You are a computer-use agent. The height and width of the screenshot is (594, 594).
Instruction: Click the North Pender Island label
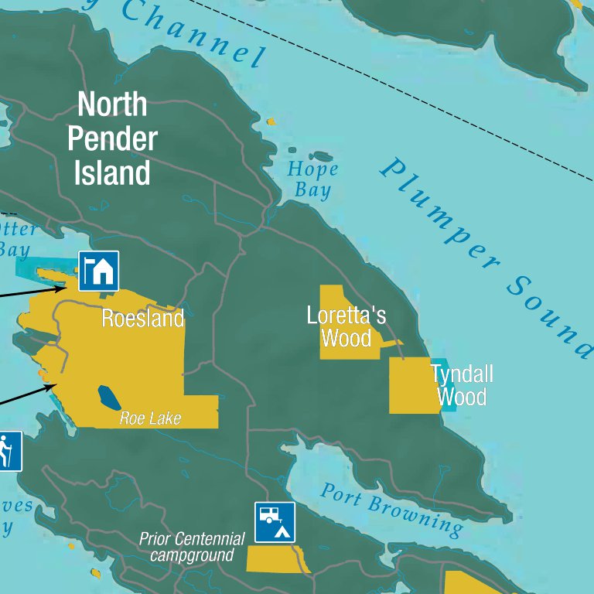[112, 139]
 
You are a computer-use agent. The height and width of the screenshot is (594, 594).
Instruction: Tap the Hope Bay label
[312, 179]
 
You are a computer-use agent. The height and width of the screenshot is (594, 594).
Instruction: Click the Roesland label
[143, 319]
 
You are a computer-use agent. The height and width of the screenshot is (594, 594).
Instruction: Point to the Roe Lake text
[150, 418]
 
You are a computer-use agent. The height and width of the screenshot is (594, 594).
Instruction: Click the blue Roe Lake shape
[109, 398]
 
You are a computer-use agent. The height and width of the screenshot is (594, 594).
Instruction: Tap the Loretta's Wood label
[346, 326]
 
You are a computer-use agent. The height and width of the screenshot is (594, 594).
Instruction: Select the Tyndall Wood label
[462, 385]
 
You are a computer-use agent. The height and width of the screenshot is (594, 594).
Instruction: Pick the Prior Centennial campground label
[192, 547]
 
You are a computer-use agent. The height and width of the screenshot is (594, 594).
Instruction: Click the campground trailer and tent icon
[275, 522]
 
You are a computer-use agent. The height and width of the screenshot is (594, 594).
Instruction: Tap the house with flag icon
[98, 271]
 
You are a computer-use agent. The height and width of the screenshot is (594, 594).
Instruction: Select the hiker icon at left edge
[8, 451]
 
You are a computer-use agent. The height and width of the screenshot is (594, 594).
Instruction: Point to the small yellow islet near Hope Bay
[271, 121]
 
